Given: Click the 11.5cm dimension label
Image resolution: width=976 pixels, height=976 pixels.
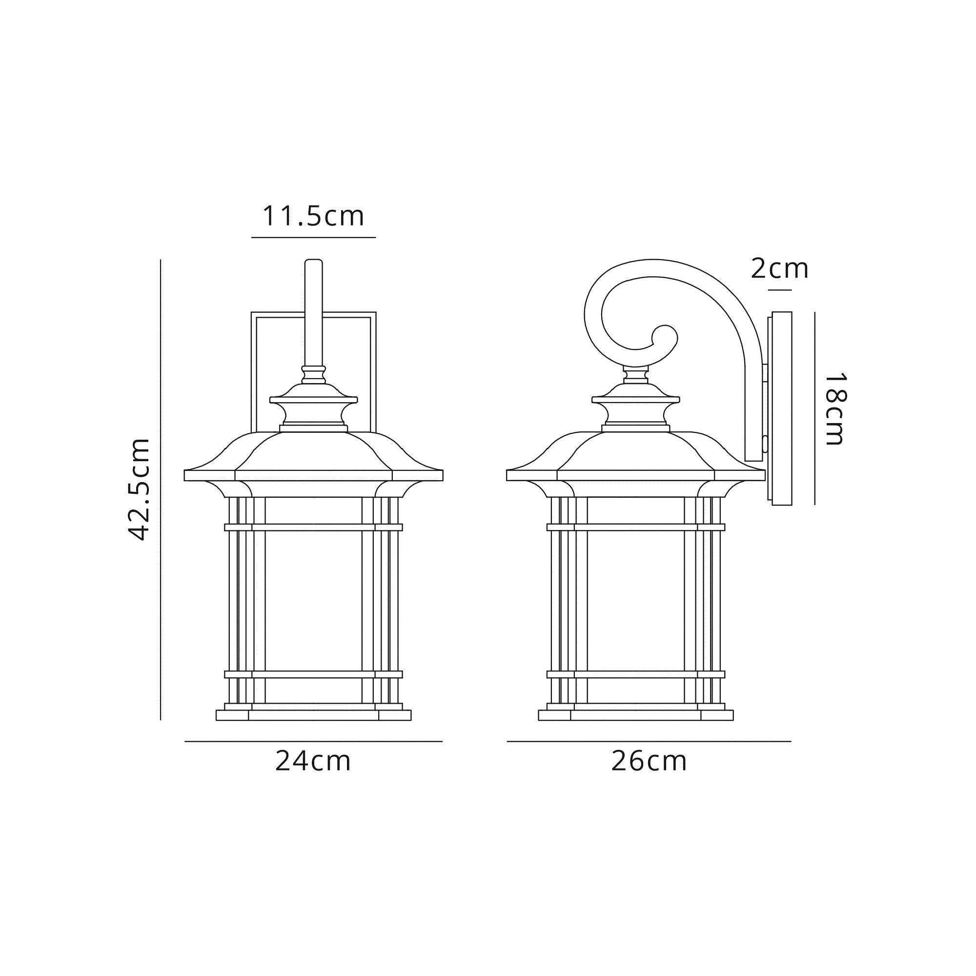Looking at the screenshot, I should (x=313, y=216).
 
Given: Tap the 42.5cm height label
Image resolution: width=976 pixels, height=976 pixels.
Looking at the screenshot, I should (x=138, y=489).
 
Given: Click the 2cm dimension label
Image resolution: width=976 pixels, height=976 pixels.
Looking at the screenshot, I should (x=779, y=269).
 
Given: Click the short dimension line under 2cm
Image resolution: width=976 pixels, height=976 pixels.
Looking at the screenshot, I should (x=779, y=290).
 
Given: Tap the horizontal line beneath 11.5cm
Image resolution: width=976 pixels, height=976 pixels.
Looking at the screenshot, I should (x=313, y=237).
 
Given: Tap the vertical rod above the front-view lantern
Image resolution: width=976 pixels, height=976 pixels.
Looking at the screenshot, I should (x=313, y=313).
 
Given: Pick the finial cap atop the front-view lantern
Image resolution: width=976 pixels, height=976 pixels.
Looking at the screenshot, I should (x=313, y=399).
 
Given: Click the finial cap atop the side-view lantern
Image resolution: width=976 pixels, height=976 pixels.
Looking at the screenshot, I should (x=635, y=399).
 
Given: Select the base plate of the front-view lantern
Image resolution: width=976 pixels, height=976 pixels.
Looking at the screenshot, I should (x=313, y=715).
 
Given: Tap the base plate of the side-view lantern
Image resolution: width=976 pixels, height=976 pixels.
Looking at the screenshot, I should (x=635, y=715).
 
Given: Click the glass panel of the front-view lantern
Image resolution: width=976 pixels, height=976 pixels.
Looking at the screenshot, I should (x=313, y=601).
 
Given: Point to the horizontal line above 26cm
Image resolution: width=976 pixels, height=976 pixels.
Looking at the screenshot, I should (x=649, y=742).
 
